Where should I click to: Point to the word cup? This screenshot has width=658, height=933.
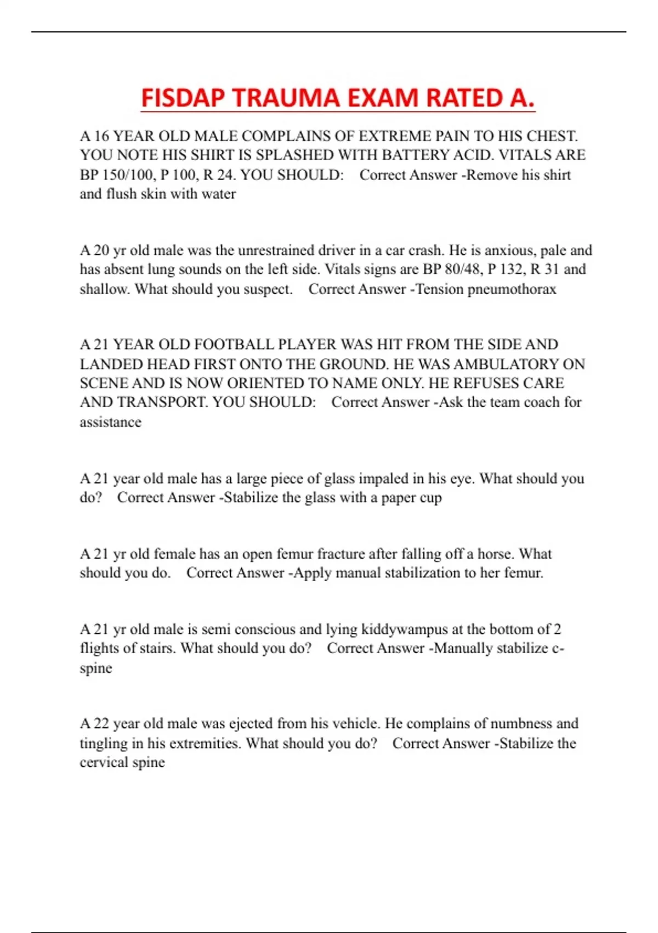(x=430, y=498)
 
